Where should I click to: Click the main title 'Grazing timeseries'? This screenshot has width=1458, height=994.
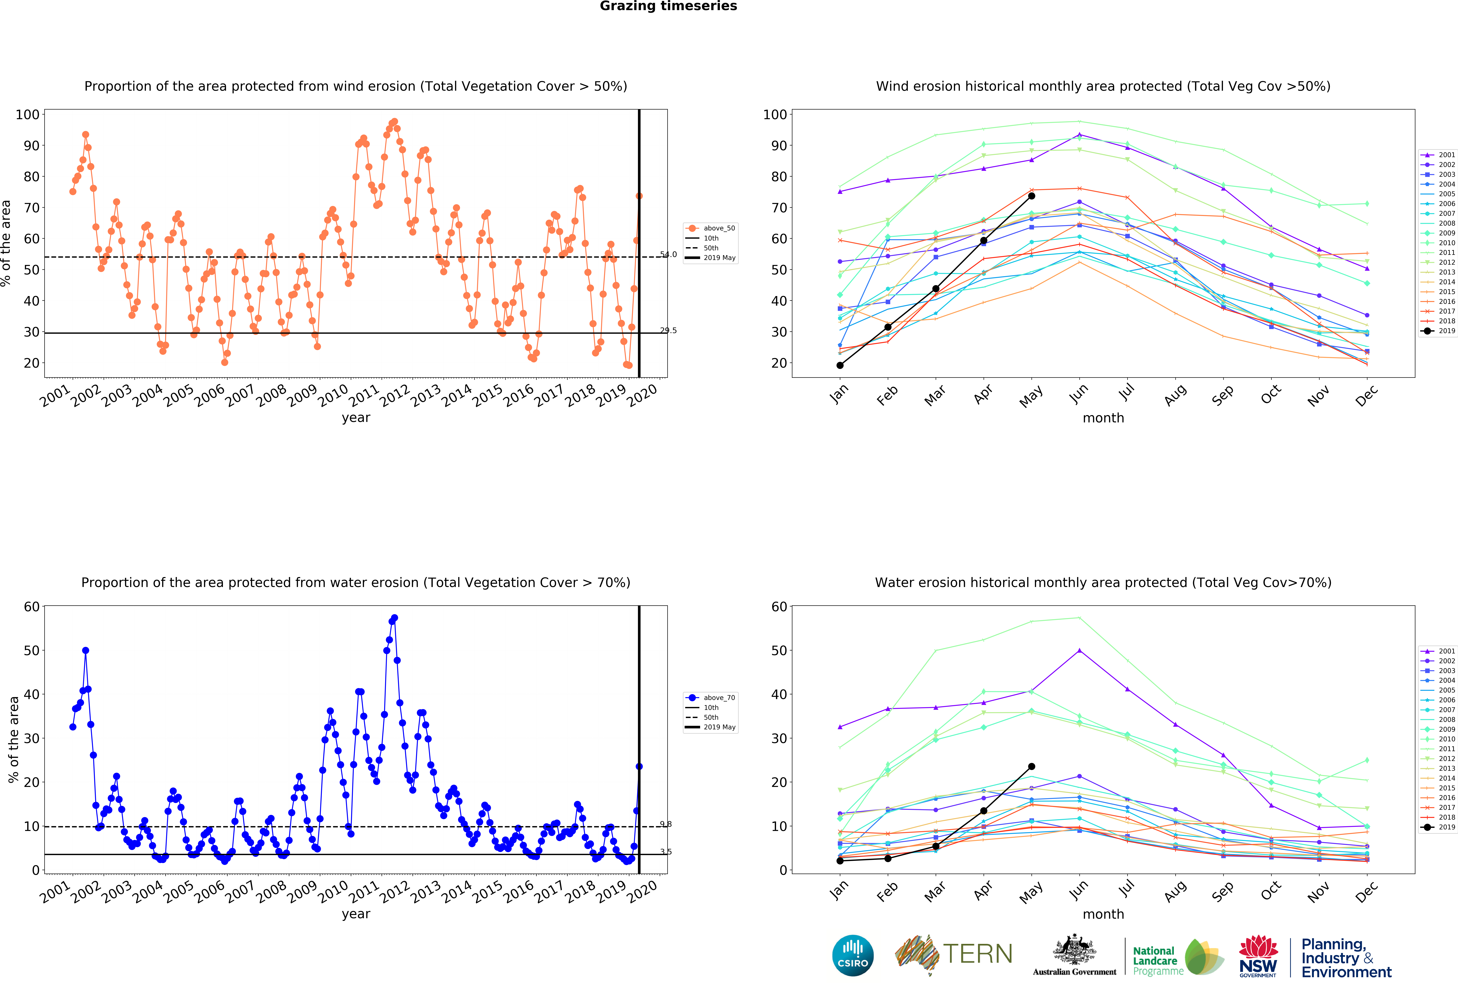(x=668, y=6)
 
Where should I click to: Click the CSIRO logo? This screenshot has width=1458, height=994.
(x=853, y=955)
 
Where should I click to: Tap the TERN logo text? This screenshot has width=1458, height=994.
(x=977, y=954)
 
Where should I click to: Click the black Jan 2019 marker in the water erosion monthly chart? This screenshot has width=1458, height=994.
(x=840, y=860)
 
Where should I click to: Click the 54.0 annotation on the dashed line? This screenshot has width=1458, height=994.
(x=668, y=254)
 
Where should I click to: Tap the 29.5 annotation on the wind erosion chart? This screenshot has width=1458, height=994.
(x=668, y=330)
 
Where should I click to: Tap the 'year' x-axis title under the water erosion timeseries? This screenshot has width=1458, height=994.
(x=356, y=914)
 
